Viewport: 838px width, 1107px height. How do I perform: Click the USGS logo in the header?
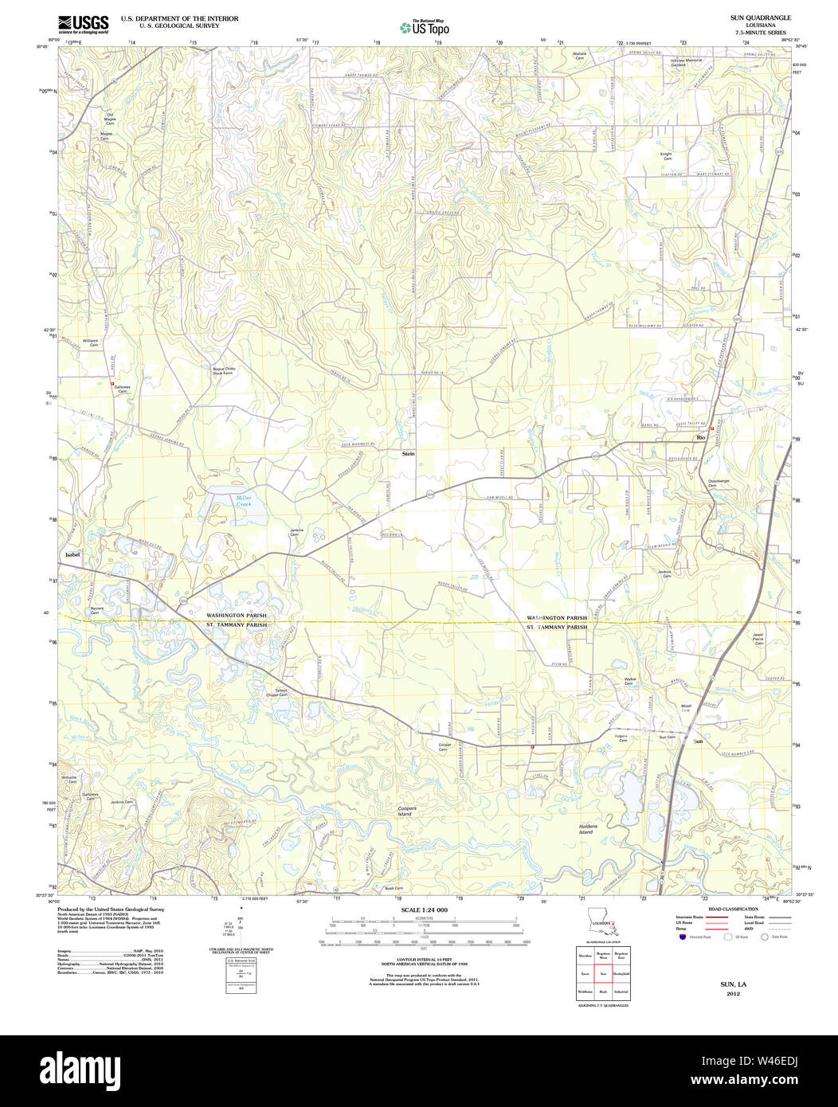[x=83, y=23]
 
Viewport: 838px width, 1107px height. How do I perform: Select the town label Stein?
[x=407, y=453]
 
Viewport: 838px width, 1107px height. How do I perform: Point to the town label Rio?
[x=701, y=438]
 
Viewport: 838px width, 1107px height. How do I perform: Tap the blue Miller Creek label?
[x=243, y=501]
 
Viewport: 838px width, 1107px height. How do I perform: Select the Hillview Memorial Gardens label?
[x=687, y=62]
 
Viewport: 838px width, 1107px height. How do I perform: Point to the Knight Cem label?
[x=666, y=156]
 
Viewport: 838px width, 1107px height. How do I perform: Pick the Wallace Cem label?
[x=580, y=56]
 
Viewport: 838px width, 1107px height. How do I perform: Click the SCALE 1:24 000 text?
[x=424, y=909]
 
